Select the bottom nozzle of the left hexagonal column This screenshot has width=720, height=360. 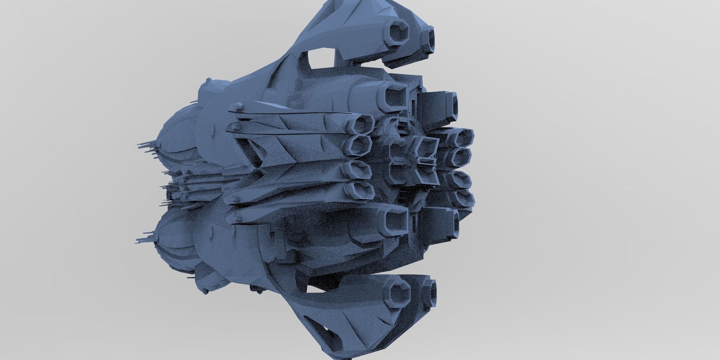tap(362, 190)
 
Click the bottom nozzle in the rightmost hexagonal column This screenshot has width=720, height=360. tap(463, 198)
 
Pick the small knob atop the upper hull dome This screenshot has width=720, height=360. tap(209, 80)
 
